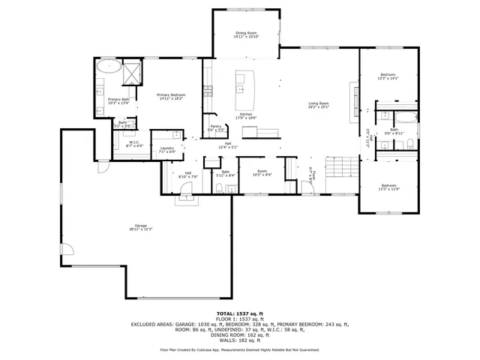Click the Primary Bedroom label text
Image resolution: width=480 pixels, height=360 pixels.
[x=171, y=97]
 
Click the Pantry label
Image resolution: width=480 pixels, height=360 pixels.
[x=215, y=127]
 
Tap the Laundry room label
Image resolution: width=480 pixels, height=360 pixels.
[x=166, y=149]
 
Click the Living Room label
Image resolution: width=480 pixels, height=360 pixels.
[x=319, y=105]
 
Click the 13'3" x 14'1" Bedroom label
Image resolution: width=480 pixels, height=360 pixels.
[x=388, y=76]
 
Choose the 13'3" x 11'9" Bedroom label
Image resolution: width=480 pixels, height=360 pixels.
[x=388, y=187]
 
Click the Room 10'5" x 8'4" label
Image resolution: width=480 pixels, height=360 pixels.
[x=262, y=172]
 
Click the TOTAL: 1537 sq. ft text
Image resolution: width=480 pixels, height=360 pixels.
[x=239, y=313]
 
